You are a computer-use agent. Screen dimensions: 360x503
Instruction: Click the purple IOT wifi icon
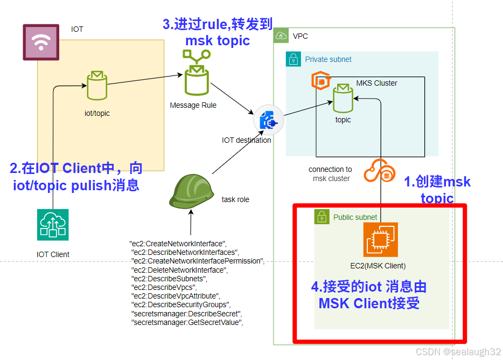click(41, 42)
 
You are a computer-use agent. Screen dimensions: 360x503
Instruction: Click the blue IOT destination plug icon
click(268, 120)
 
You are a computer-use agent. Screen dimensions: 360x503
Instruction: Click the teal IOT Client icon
click(53, 224)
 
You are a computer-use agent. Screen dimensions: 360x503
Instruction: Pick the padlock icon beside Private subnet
click(293, 59)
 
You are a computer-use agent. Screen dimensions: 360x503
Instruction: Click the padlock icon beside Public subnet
click(322, 217)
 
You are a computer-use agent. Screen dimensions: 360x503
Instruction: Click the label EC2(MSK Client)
click(378, 265)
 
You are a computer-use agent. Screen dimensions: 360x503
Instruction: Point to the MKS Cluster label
click(376, 83)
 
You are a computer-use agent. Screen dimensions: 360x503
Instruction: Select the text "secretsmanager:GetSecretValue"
click(187, 322)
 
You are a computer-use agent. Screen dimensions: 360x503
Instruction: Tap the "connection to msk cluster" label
click(331, 174)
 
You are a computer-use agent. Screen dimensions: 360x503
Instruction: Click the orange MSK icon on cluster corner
click(320, 81)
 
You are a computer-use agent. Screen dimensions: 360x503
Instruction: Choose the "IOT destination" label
click(247, 140)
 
